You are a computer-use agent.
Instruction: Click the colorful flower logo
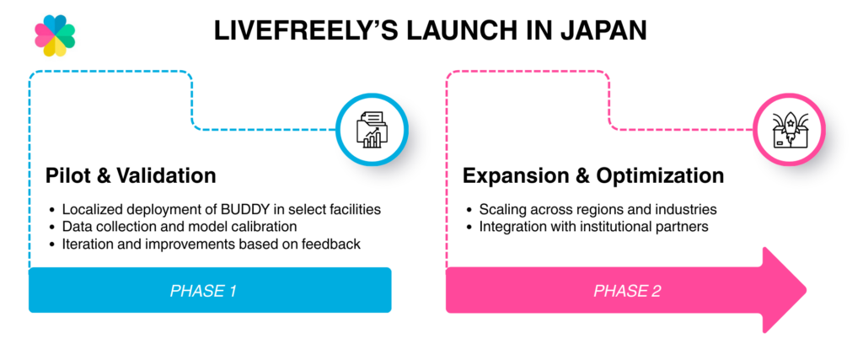[55, 35]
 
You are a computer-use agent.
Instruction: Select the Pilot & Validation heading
[131, 176]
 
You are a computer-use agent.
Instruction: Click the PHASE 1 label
[203, 291]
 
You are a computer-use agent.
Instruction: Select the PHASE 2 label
[627, 291]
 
